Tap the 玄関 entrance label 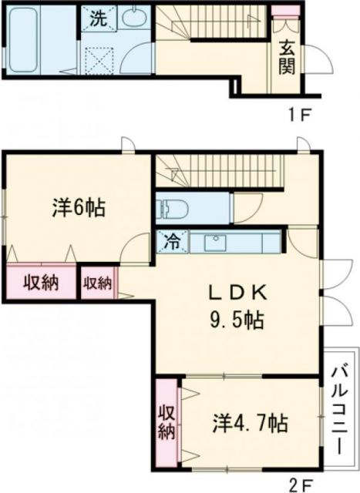[286, 55]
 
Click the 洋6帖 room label [79, 208]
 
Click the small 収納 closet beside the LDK [98, 282]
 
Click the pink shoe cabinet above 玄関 [284, 12]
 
